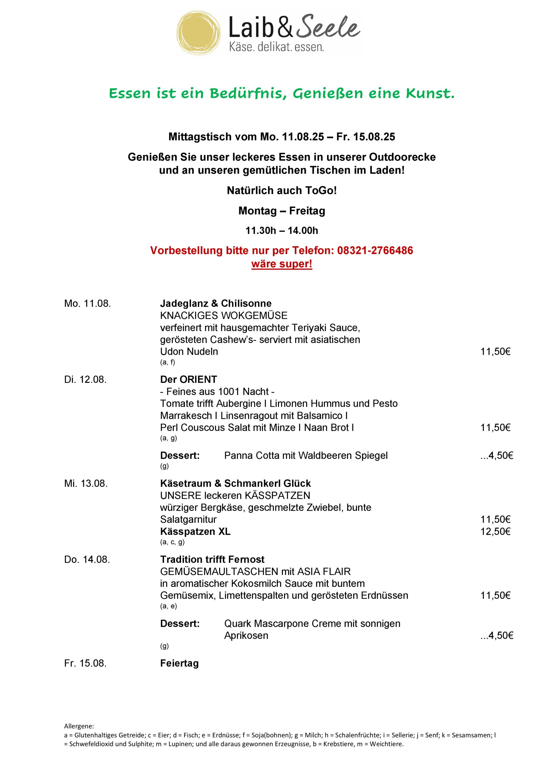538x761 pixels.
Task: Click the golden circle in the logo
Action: click(x=198, y=33)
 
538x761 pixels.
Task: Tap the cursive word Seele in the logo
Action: click(x=328, y=26)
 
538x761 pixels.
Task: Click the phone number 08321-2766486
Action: click(x=375, y=250)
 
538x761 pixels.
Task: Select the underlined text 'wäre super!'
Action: click(x=282, y=264)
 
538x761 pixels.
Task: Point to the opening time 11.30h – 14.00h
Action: click(x=282, y=230)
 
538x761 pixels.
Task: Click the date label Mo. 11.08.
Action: click(x=87, y=303)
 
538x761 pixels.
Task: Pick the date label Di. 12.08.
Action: click(x=85, y=380)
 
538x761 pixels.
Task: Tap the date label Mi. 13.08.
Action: click(x=86, y=484)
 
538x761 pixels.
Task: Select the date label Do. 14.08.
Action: click(x=87, y=559)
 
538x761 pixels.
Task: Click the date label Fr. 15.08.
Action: click(x=85, y=663)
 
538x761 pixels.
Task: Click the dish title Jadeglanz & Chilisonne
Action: click(x=216, y=303)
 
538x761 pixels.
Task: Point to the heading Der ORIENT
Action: click(x=188, y=380)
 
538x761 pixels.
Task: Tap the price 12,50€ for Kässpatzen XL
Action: click(x=495, y=532)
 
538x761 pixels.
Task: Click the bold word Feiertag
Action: click(x=179, y=663)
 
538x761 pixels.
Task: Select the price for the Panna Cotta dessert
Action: click(x=497, y=456)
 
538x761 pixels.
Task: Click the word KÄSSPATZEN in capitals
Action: click(x=277, y=496)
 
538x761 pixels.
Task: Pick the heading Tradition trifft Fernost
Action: click(x=212, y=559)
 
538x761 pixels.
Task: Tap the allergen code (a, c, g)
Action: click(x=172, y=542)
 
